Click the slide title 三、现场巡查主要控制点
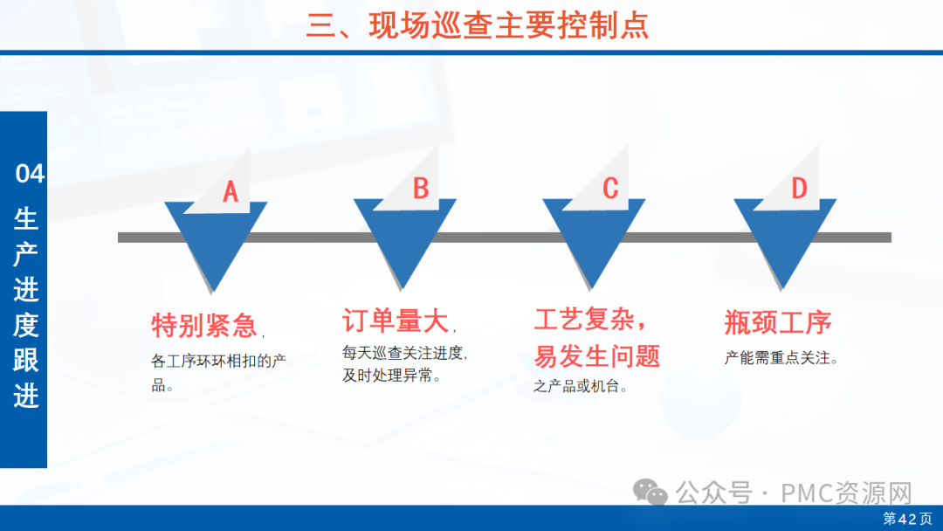[478, 25]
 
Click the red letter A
[231, 192]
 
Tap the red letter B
[421, 189]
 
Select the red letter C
[610, 189]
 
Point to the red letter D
[799, 189]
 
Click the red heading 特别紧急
[203, 326]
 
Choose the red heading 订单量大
[396, 321]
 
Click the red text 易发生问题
[597, 356]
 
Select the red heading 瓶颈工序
[778, 322]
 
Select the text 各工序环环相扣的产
[219, 361]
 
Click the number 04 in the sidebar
[30, 174]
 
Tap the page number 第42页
[907, 519]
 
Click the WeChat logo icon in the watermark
[650, 493]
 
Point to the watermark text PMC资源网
[846, 493]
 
